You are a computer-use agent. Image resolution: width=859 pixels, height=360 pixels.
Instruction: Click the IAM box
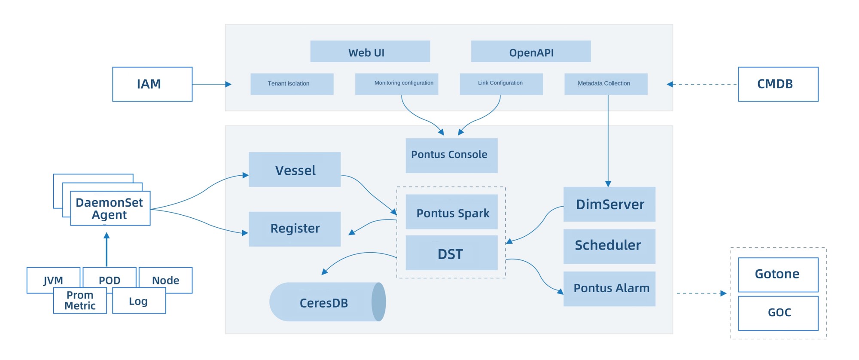point(152,84)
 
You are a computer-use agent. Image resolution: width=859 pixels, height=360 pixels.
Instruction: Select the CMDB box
point(778,84)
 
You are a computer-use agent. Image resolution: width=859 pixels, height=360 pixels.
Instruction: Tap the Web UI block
point(370,52)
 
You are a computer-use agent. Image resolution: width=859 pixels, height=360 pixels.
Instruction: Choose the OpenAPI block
point(531,52)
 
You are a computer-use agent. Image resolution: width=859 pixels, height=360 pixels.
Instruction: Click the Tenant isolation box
point(292,84)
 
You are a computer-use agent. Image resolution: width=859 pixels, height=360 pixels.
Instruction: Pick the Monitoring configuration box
point(397,84)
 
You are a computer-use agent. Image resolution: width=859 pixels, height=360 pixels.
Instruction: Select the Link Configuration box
point(501,84)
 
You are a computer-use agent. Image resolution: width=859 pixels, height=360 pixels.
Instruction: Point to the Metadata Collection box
point(606,84)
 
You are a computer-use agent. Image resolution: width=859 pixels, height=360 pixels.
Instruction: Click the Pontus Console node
point(452,156)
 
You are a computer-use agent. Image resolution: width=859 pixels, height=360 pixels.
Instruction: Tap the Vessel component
point(295,169)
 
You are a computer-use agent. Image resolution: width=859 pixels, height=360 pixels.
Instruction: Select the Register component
point(295,229)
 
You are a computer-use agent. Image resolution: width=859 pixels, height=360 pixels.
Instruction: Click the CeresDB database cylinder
point(327,302)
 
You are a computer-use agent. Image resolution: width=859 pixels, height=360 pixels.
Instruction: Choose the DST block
point(452,253)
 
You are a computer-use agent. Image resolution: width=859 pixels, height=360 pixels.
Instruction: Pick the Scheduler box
point(609,247)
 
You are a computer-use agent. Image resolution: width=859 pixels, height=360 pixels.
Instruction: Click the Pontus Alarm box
point(609,289)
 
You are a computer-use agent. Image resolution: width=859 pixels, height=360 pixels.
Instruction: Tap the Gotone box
point(778,275)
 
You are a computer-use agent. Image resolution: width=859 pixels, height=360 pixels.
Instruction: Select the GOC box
point(778,313)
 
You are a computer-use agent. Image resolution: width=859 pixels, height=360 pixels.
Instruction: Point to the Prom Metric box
point(80,300)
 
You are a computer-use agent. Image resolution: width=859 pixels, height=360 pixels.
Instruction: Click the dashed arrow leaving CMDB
point(702,84)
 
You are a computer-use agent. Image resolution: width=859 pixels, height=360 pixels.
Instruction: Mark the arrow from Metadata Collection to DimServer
point(608,141)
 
